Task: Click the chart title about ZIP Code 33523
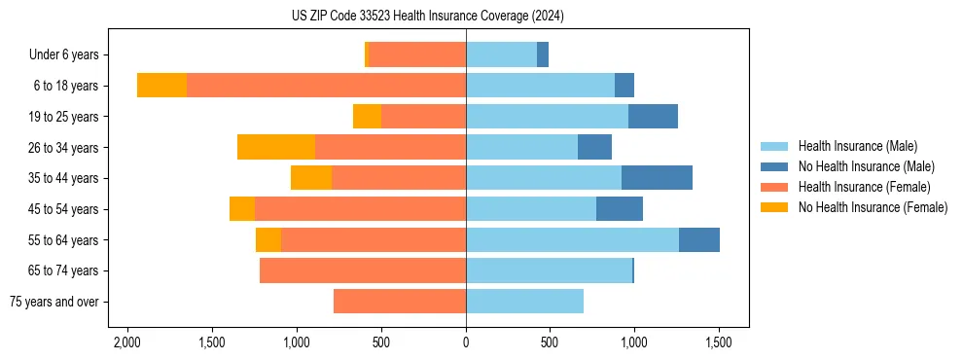[x=427, y=17]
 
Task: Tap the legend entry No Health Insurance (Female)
[x=873, y=207]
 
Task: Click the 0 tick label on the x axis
[x=466, y=343]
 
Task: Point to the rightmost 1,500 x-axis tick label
[x=719, y=343]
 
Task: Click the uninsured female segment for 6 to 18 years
[x=161, y=86]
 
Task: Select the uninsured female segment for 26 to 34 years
[x=276, y=147]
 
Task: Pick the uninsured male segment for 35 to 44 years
[x=657, y=178]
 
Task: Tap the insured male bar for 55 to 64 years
[x=572, y=239]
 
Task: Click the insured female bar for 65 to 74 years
[x=363, y=270]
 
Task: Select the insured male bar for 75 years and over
[x=524, y=302]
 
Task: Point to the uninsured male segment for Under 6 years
[x=543, y=54]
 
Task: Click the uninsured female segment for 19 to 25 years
[x=367, y=117]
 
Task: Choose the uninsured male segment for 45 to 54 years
[x=620, y=209]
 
